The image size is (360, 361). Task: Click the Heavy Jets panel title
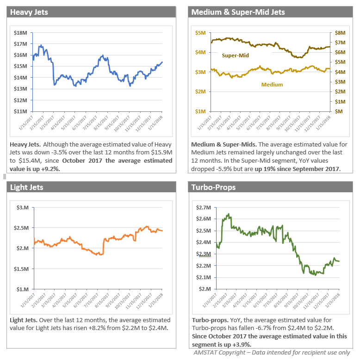[29, 12]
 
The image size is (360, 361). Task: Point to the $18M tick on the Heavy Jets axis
[21, 33]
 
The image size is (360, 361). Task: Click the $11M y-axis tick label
[21, 111]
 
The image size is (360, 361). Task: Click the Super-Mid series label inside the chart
[235, 55]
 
